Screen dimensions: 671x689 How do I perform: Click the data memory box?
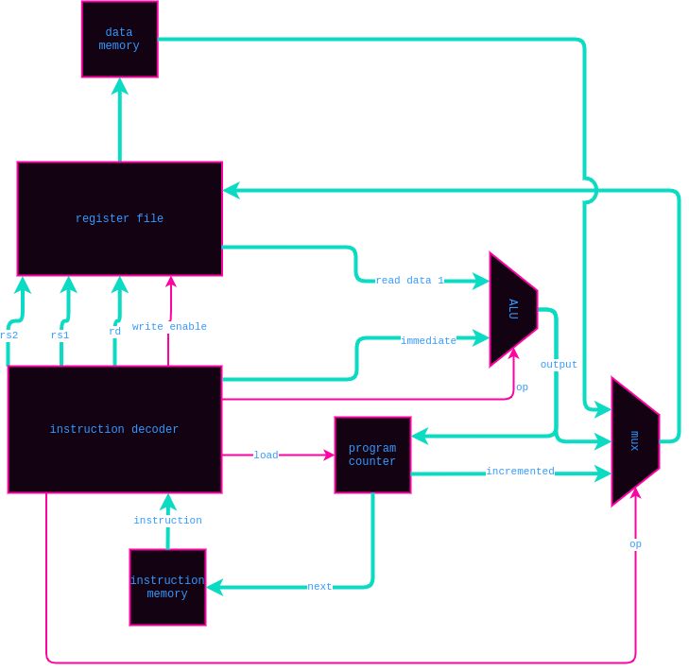click(x=119, y=39)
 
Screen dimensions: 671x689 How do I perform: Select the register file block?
click(x=119, y=218)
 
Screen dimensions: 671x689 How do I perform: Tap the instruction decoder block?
click(x=114, y=429)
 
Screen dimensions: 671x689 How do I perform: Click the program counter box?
click(x=372, y=455)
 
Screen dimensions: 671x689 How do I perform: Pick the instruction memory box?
click(x=167, y=587)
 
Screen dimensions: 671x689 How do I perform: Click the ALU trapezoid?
click(x=512, y=309)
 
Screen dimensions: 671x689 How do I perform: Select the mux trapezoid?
click(x=633, y=440)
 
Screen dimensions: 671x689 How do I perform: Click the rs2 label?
click(x=9, y=335)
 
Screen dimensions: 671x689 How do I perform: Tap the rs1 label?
click(x=60, y=335)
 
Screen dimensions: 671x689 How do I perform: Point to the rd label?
click(x=114, y=332)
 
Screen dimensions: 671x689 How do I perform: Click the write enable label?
click(x=169, y=327)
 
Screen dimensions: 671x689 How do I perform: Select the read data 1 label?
click(x=409, y=281)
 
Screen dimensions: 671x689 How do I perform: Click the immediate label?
click(x=428, y=341)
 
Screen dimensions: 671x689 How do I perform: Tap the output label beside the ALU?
click(x=559, y=365)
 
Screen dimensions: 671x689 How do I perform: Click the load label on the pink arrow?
click(x=266, y=456)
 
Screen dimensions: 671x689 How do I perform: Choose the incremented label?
click(x=520, y=472)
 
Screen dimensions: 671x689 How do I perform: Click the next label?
click(x=319, y=587)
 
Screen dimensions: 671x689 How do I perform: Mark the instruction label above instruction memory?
click(x=167, y=521)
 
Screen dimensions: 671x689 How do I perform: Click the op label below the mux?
click(x=635, y=544)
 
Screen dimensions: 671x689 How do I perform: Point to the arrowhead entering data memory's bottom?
click(x=119, y=86)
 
